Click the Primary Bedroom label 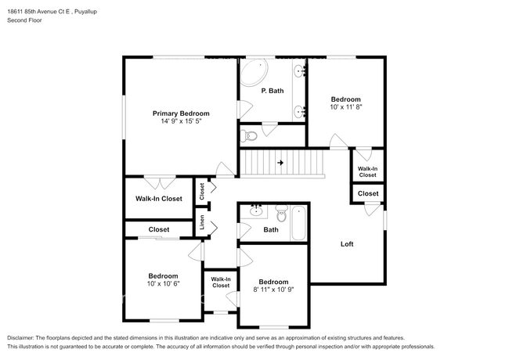[x=181, y=113]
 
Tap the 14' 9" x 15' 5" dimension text [x=181, y=121]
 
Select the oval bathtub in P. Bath [x=254, y=72]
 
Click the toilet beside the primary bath [x=249, y=135]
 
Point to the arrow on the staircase [x=280, y=163]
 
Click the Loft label [x=347, y=244]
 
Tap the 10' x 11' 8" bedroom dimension [x=345, y=106]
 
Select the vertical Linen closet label [x=202, y=222]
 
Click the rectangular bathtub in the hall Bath [x=298, y=223]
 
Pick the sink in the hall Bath [x=256, y=211]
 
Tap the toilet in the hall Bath [x=281, y=213]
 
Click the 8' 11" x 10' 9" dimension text [x=273, y=290]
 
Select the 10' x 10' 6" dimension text [x=164, y=283]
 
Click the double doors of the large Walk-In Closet [x=160, y=182]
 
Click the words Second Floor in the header [x=24, y=20]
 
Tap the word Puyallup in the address [x=85, y=12]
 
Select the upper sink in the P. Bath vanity [x=299, y=71]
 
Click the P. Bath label [x=273, y=91]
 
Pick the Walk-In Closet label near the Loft [x=367, y=172]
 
